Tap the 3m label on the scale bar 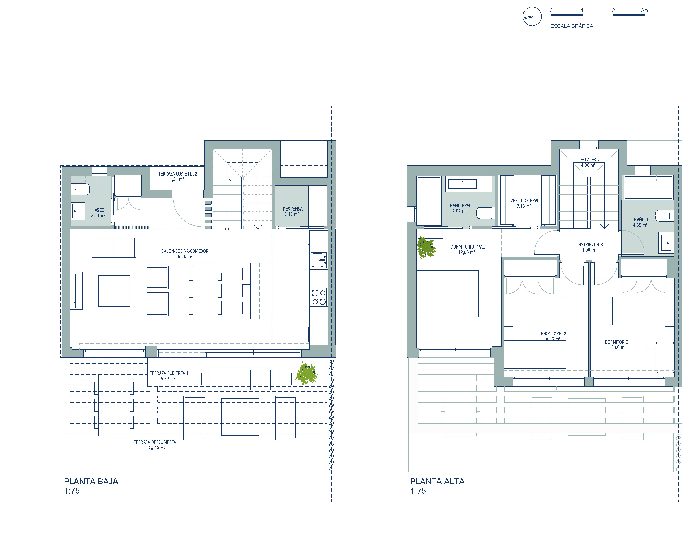pyautogui.click(x=644, y=10)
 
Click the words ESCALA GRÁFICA pyautogui.click(x=572, y=26)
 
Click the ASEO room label pyautogui.click(x=99, y=210)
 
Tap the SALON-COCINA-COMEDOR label pyautogui.click(x=185, y=251)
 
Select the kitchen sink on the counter pyautogui.click(x=319, y=260)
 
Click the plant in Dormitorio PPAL pyautogui.click(x=426, y=248)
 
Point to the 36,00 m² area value pyautogui.click(x=184, y=256)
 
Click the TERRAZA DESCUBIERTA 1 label pyautogui.click(x=157, y=442)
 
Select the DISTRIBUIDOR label pyautogui.click(x=590, y=245)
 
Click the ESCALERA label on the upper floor pyautogui.click(x=589, y=160)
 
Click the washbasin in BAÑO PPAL pyautogui.click(x=462, y=184)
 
